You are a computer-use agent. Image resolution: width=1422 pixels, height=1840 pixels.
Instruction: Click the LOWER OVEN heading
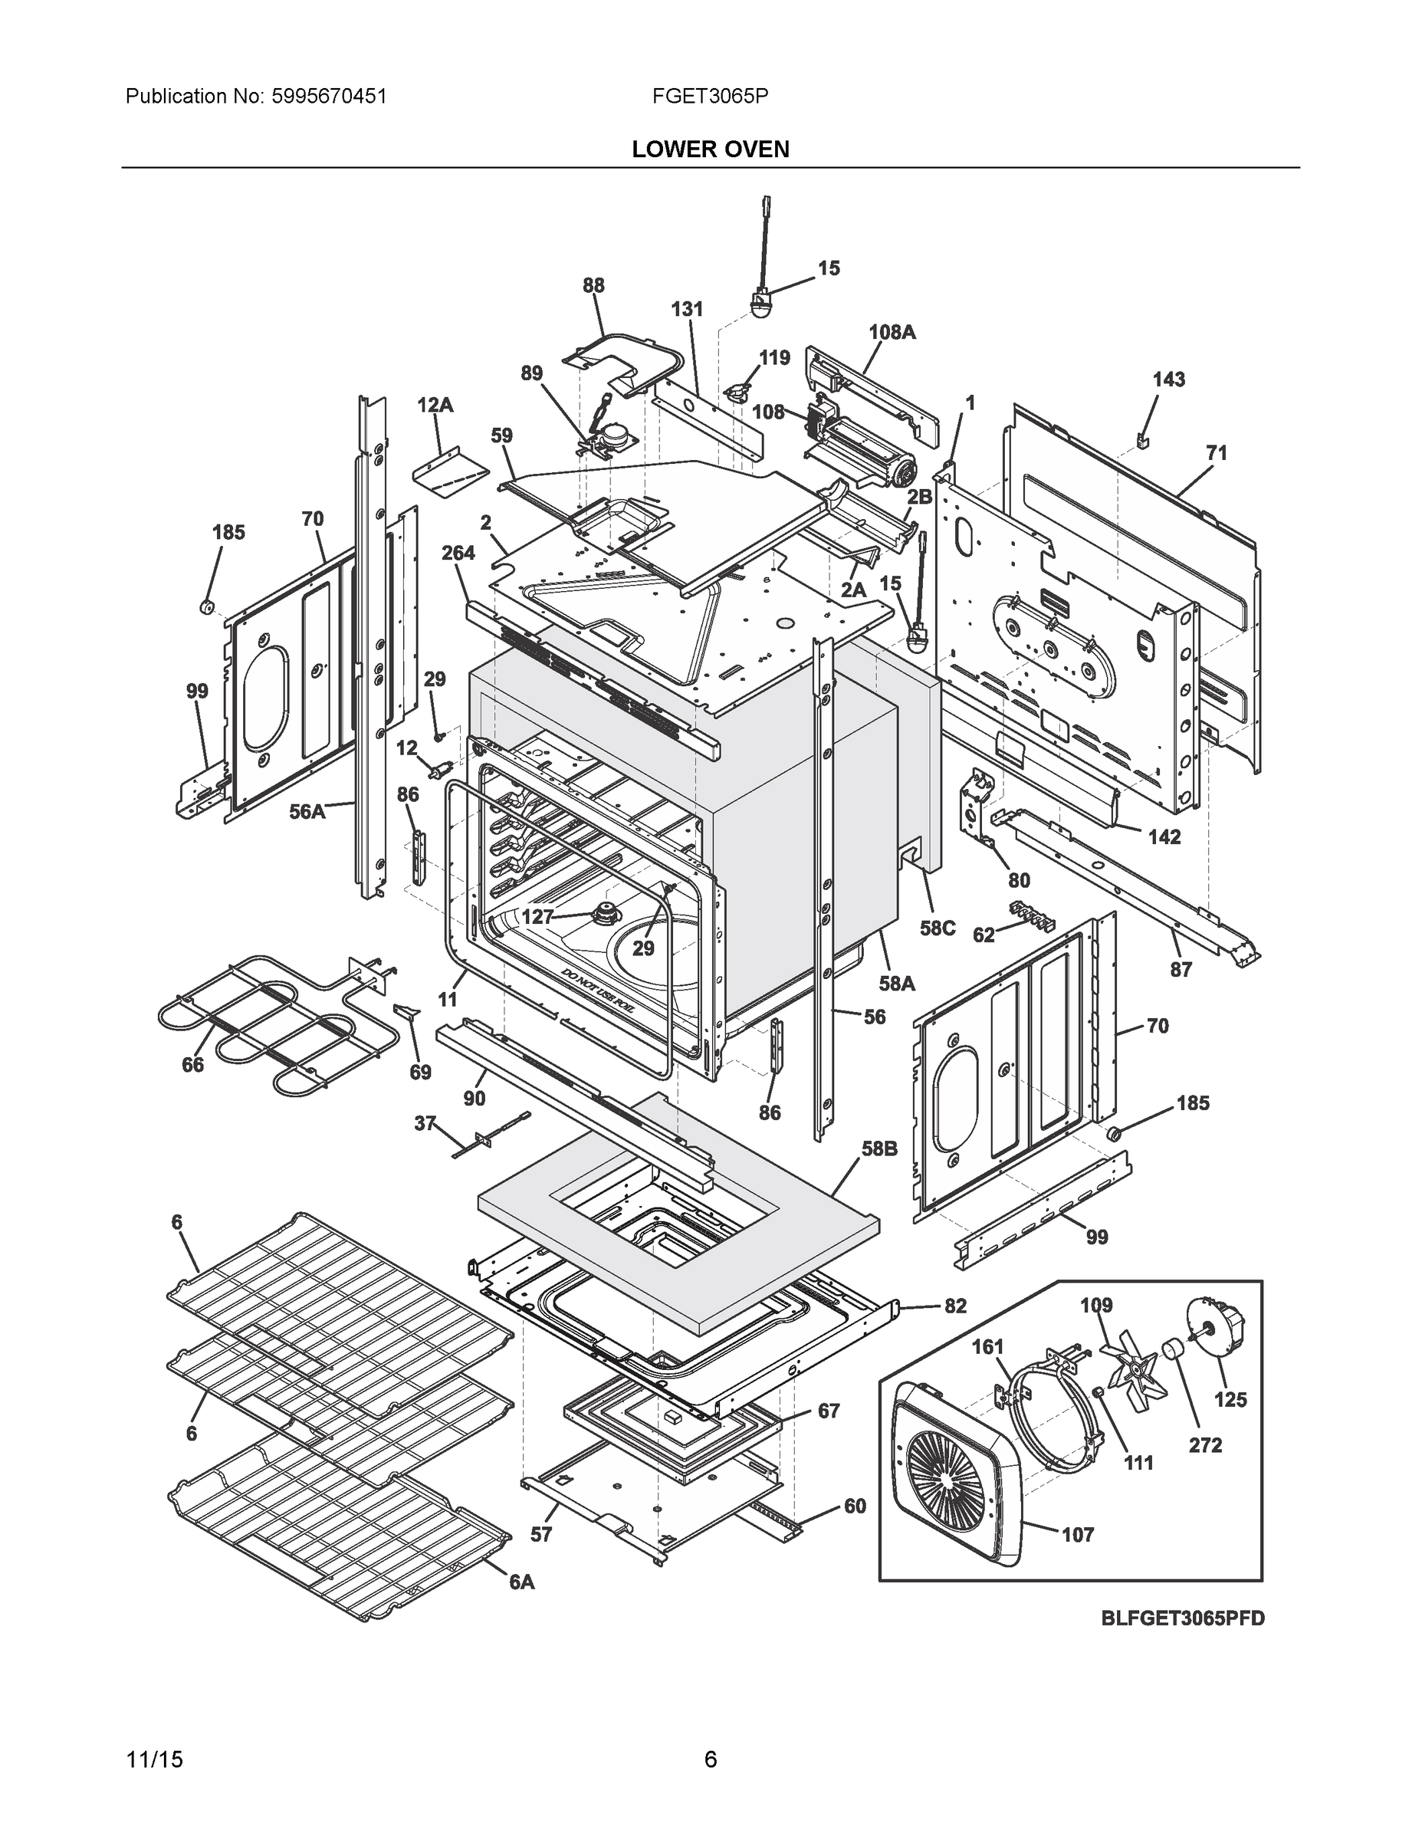pos(710,149)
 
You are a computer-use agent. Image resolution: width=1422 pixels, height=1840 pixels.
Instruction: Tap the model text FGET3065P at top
pos(709,97)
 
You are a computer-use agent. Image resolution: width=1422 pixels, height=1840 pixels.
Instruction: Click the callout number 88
pos(593,286)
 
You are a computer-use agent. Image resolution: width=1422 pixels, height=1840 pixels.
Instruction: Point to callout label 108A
pos(892,332)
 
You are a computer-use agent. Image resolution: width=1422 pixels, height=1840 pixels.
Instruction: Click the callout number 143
pos(1168,380)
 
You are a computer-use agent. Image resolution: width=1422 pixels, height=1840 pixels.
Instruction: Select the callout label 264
pos(458,553)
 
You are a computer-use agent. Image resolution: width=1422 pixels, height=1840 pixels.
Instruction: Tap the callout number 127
pos(537,917)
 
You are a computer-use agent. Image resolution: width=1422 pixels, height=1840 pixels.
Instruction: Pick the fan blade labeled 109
pos(1131,1368)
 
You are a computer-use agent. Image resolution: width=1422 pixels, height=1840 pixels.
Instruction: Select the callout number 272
pos(1204,1446)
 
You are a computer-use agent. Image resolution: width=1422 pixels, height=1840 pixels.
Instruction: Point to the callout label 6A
pos(521,1582)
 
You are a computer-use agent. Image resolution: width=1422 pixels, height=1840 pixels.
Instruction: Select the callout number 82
pos(955,1306)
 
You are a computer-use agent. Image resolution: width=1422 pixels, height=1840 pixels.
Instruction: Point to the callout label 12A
pos(435,406)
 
